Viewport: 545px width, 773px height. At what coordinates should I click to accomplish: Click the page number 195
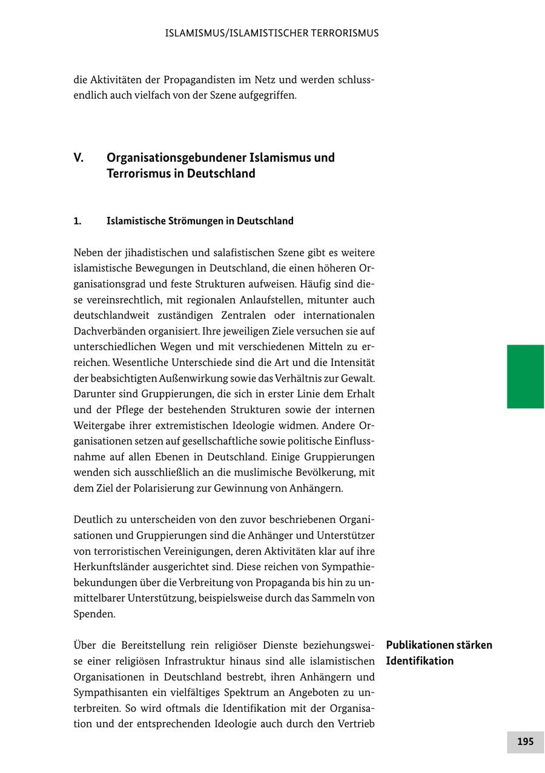point(525,741)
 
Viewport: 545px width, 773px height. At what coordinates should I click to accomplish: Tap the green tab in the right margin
point(525,376)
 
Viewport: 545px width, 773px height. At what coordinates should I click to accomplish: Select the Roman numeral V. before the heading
point(79,158)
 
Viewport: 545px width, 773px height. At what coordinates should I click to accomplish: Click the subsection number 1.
point(78,221)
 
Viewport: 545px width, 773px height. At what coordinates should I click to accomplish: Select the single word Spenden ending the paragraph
point(94,614)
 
